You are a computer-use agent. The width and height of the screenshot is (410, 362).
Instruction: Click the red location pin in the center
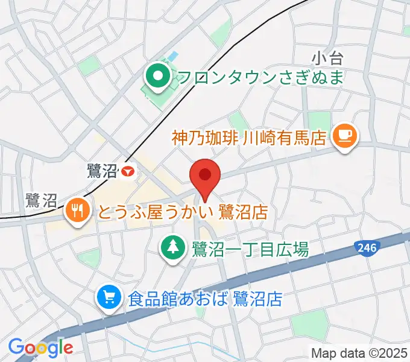[205, 176]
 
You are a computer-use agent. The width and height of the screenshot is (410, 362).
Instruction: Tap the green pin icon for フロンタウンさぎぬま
[159, 77]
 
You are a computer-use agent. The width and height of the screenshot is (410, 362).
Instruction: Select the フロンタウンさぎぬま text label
[260, 77]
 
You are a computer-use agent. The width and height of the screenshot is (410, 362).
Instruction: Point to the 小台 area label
[327, 59]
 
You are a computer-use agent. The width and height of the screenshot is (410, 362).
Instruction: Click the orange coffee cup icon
[344, 135]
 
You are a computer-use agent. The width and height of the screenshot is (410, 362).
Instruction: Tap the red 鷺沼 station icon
[127, 172]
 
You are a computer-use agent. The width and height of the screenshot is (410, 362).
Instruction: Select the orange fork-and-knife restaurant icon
[77, 211]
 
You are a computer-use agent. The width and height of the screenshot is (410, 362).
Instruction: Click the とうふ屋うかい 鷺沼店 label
[181, 212]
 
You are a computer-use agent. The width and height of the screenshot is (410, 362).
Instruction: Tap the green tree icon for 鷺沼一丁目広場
[173, 247]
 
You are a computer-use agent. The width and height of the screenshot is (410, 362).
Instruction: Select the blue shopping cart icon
[109, 297]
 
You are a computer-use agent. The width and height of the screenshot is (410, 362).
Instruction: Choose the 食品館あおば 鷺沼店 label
[205, 298]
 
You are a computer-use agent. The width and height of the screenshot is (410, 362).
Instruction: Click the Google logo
[40, 348]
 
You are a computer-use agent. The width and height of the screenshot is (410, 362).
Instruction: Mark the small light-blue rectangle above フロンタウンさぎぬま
[172, 56]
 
